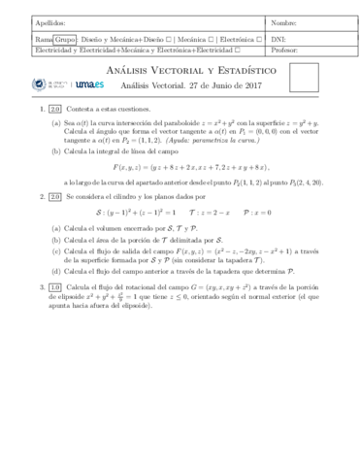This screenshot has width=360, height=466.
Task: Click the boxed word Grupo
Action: [x=65, y=38]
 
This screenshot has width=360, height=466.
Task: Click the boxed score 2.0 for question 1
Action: [x=54, y=113]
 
